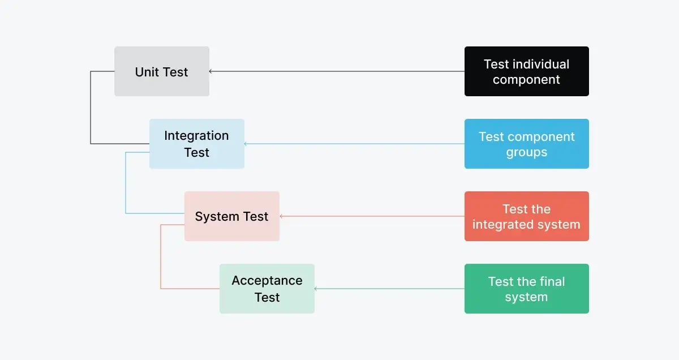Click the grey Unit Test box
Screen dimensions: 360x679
point(162,71)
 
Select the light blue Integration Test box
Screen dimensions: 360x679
point(196,144)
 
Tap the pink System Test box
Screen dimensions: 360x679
point(231,216)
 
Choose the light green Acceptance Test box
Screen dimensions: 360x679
point(267,289)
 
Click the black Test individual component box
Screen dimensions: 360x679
point(526,71)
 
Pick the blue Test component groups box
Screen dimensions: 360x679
point(526,144)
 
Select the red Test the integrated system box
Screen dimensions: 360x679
point(526,216)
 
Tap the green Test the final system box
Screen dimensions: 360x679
point(526,289)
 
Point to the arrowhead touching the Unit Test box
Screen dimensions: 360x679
point(211,71)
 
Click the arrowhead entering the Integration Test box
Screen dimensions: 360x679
point(246,144)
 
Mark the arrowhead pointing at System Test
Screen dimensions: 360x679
point(281,216)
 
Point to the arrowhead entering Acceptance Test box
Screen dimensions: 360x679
point(316,289)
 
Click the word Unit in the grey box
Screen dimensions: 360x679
point(147,72)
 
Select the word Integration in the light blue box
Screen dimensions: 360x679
point(196,136)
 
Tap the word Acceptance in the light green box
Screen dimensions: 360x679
point(267,281)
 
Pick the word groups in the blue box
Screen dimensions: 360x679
point(526,152)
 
